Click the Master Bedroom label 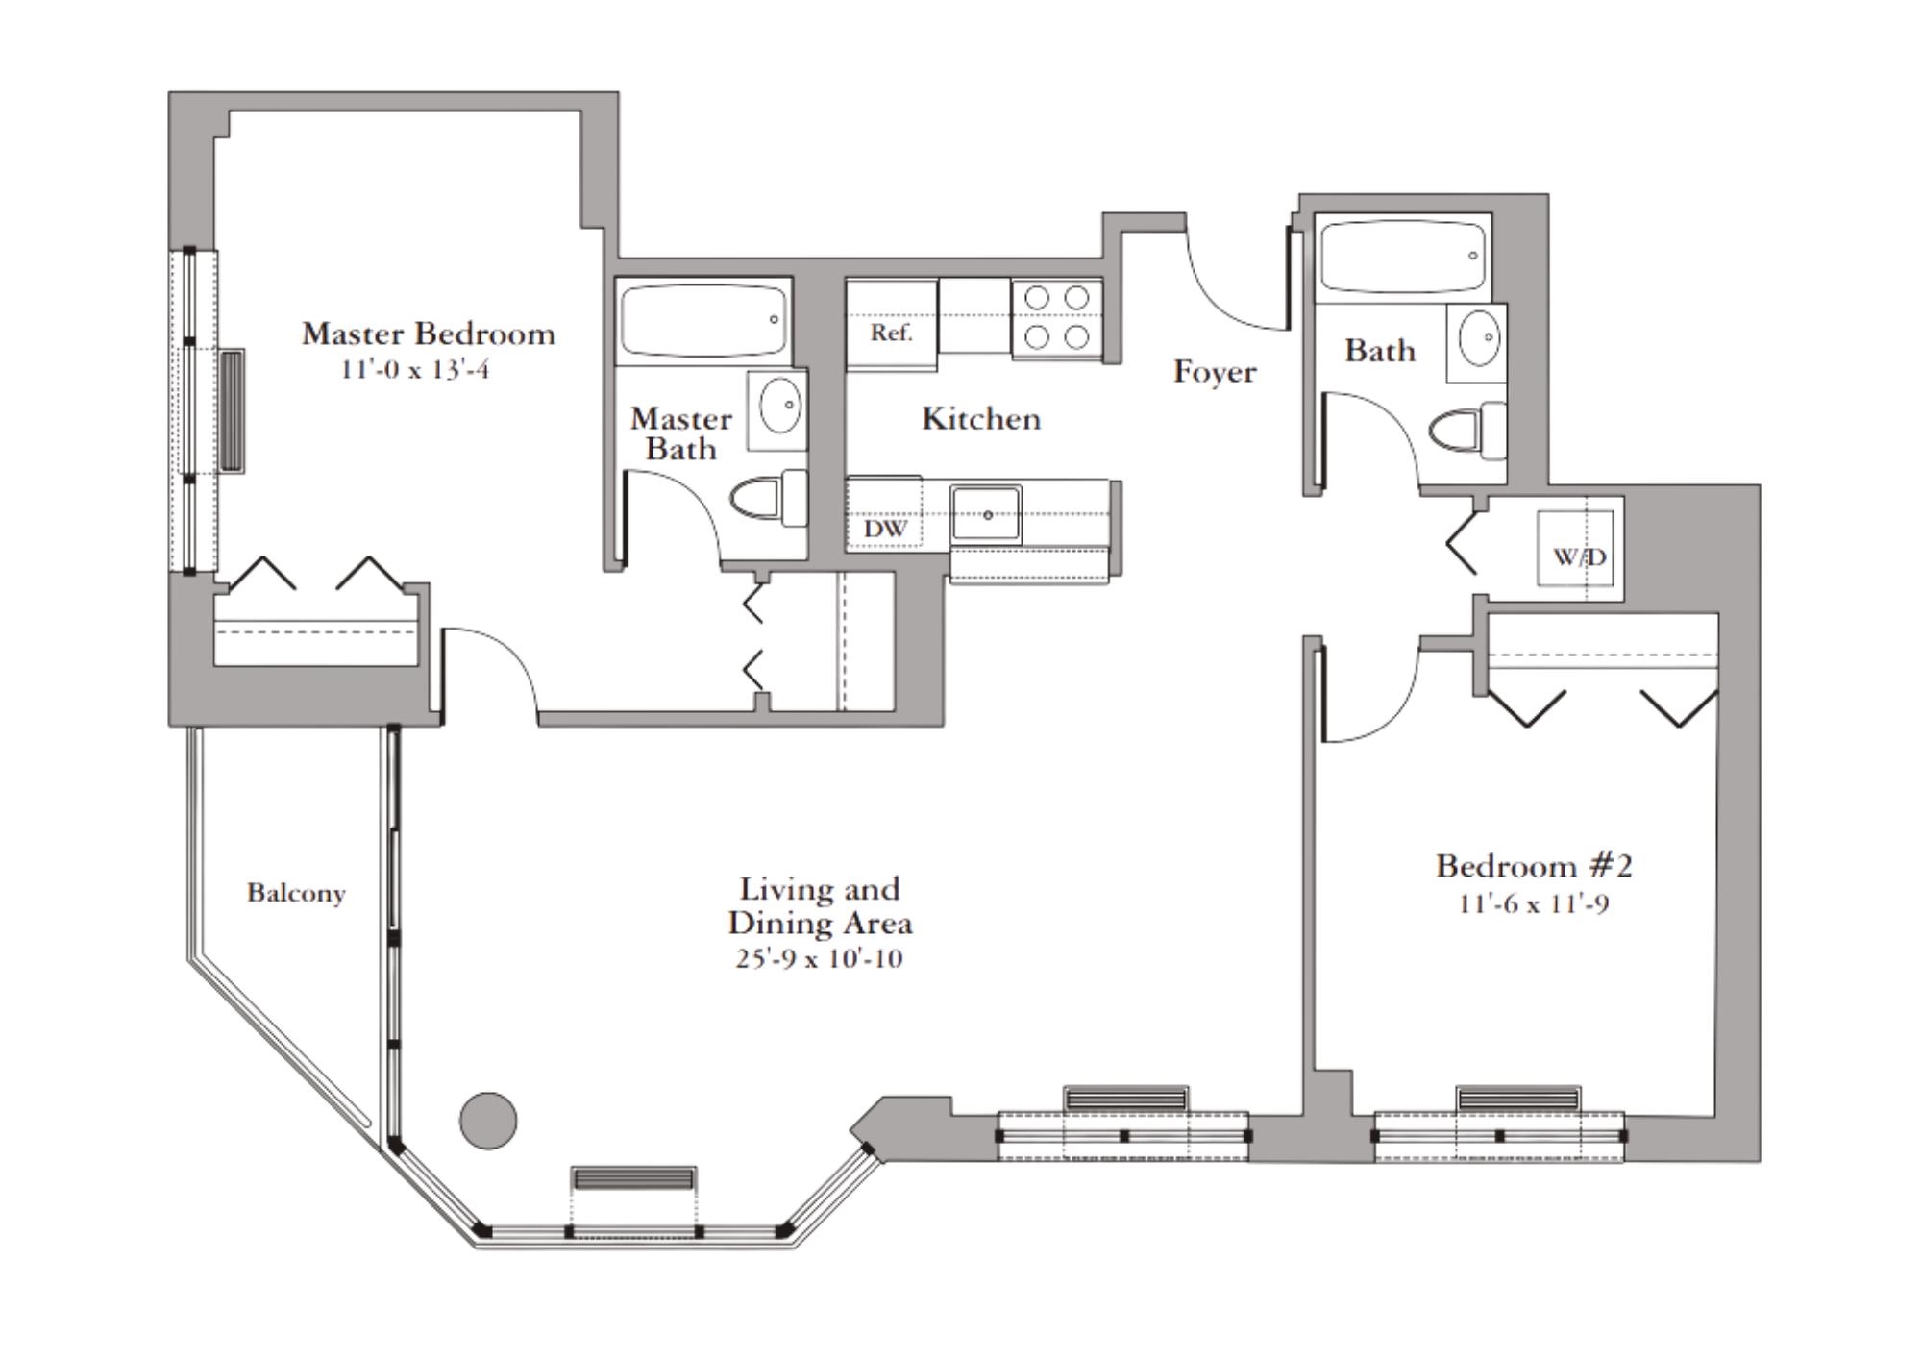tap(429, 334)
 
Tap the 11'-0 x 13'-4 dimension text tap(414, 369)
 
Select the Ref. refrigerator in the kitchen tap(891, 324)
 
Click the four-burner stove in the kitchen tap(1056, 317)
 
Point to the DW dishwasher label tap(885, 529)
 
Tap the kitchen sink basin tap(986, 514)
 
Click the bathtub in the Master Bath tap(703, 320)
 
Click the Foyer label tap(1215, 372)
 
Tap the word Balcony tap(296, 893)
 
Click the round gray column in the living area tap(488, 1121)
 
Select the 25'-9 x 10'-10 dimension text tap(820, 958)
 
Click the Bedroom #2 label tap(1534, 866)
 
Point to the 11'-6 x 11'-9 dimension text tap(1534, 903)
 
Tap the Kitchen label tap(981, 418)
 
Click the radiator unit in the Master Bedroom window tap(232, 410)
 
